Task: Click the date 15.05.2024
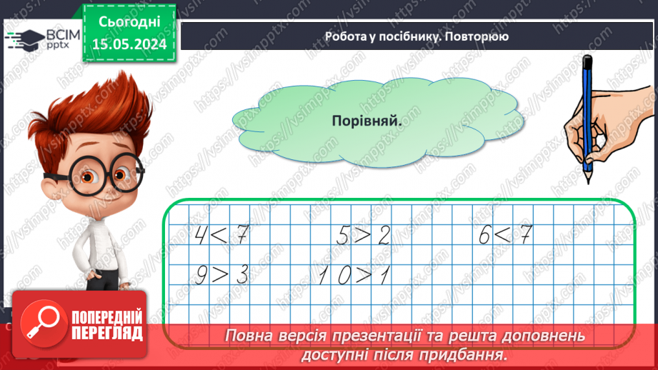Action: (130, 44)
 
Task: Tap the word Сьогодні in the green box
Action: (130, 22)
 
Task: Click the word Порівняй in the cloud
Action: (367, 121)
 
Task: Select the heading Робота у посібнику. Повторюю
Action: (417, 36)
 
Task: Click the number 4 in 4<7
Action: (201, 234)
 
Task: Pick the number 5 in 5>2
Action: (343, 234)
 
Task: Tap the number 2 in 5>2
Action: (384, 234)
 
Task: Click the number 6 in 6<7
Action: (486, 234)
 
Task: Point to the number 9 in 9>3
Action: (202, 275)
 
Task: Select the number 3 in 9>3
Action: (241, 275)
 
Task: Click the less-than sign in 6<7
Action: (506, 234)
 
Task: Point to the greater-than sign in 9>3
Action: (221, 275)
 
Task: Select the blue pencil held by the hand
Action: (587, 114)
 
